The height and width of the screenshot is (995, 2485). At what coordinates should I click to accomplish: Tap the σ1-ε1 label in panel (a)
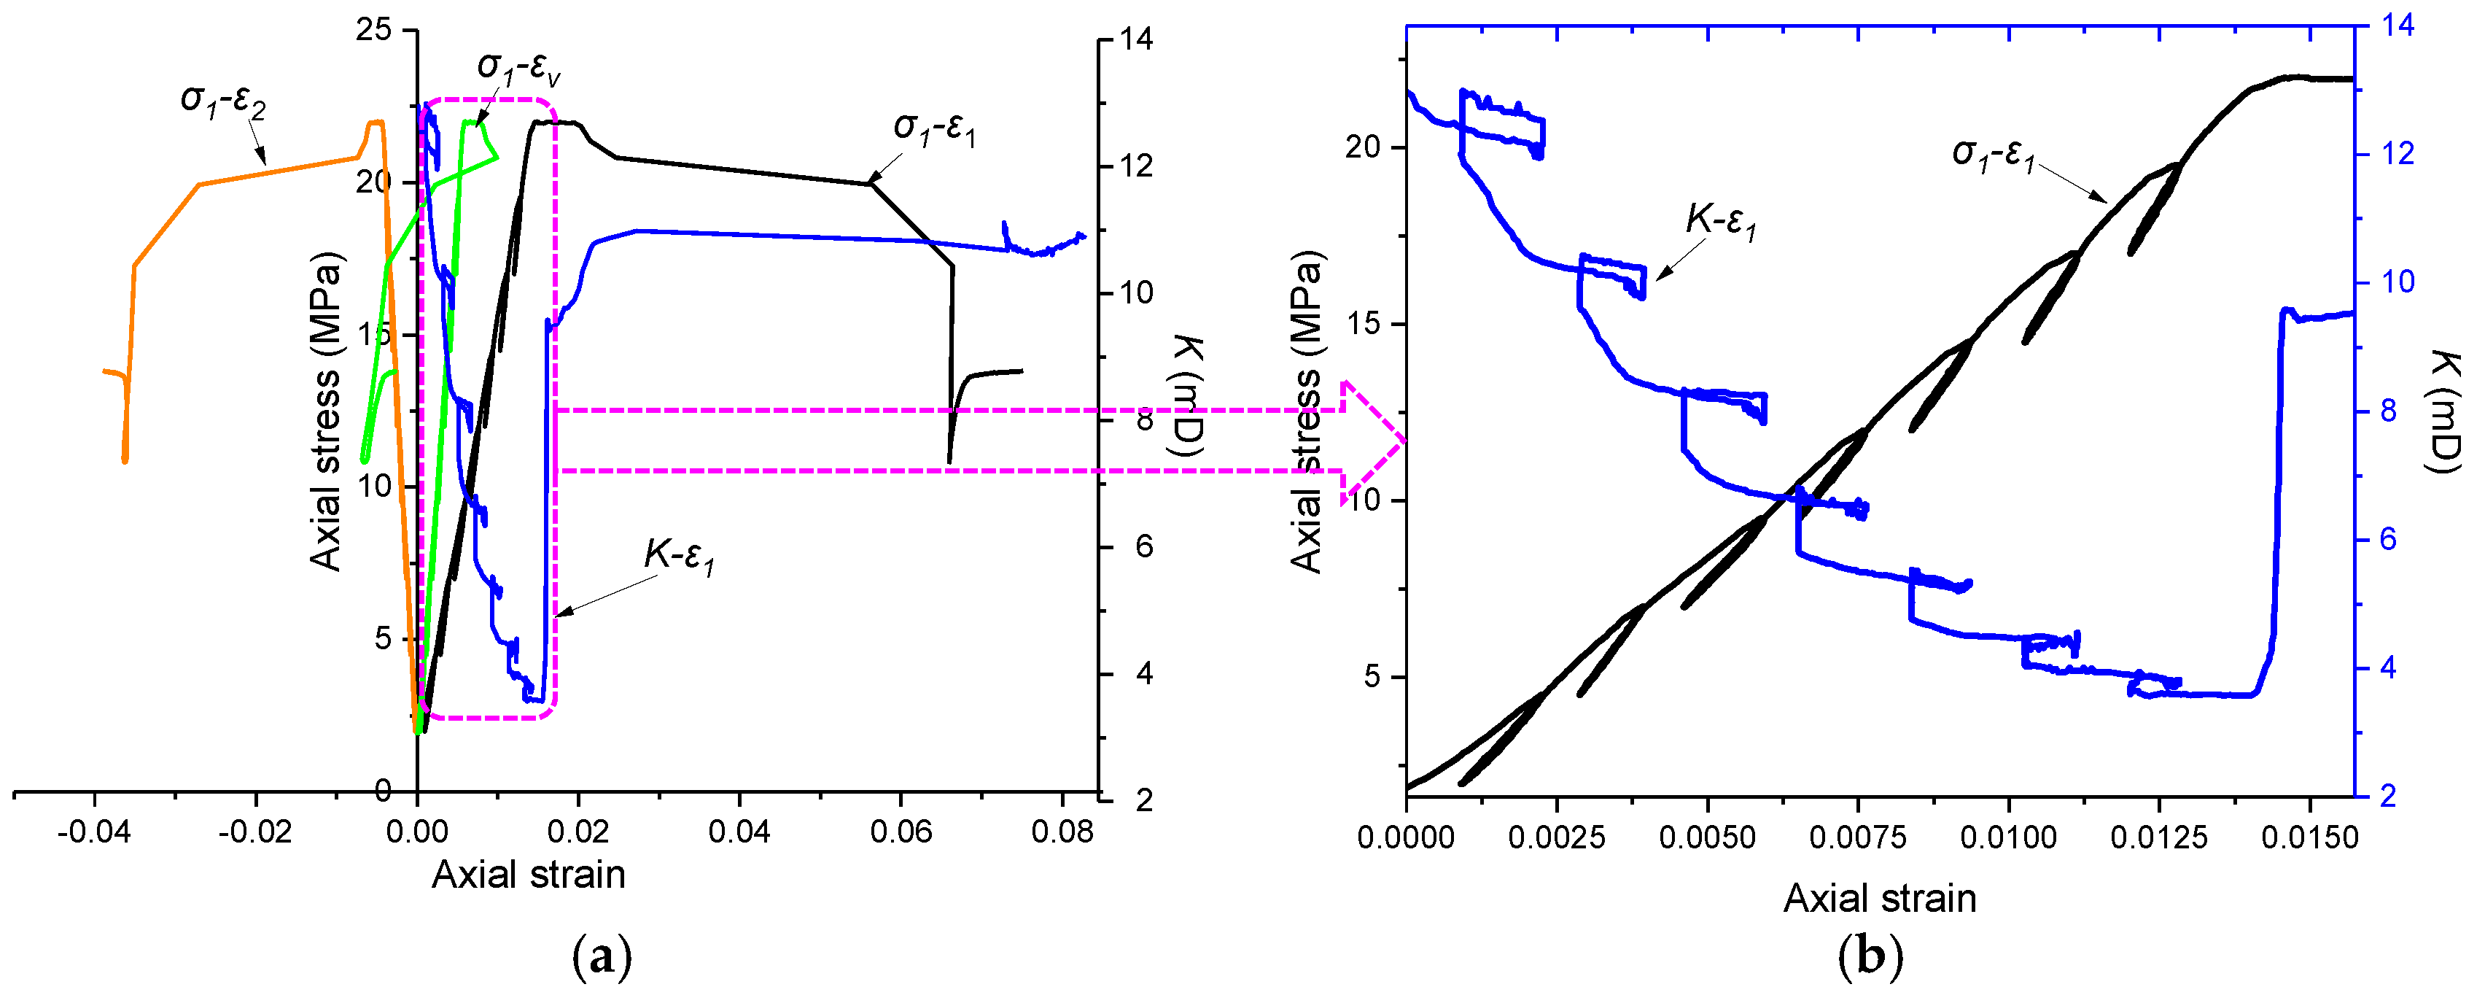click(x=934, y=129)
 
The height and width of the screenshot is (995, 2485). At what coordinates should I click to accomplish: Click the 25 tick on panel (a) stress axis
click(x=373, y=30)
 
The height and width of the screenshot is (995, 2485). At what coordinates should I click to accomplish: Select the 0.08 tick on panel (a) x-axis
click(x=1062, y=832)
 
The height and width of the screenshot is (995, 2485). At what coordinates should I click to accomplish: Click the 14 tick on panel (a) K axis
click(x=1136, y=39)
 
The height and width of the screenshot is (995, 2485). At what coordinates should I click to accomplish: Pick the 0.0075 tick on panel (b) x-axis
click(x=1858, y=837)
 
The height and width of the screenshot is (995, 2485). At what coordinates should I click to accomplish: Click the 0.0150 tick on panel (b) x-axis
click(x=2309, y=837)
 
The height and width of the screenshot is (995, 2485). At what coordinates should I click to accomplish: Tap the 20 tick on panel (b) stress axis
click(x=1364, y=147)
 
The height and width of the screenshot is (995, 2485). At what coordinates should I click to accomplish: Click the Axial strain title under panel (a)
click(x=528, y=875)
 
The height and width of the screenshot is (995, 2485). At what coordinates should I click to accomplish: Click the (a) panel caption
click(x=603, y=959)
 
